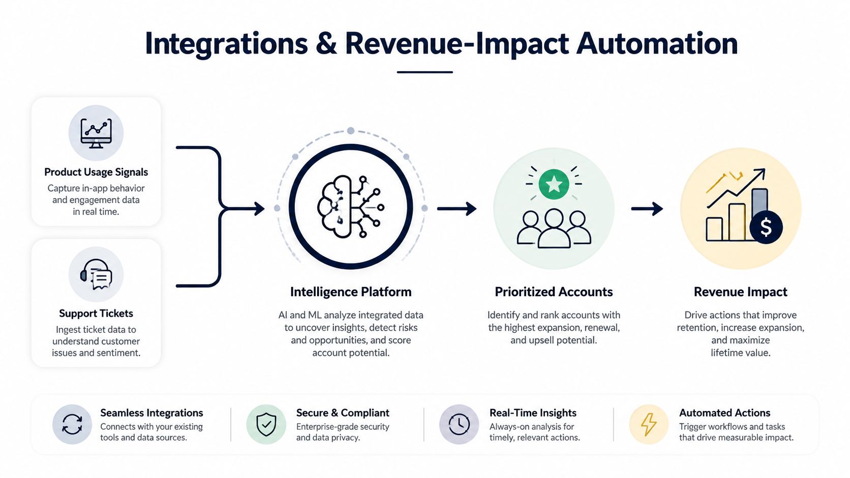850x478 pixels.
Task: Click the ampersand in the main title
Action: pos(325,44)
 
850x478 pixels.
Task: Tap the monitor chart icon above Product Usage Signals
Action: pos(96,133)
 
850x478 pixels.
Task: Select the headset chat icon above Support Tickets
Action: pos(96,274)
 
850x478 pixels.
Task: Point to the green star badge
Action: pos(554,184)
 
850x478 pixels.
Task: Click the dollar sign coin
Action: pos(766,228)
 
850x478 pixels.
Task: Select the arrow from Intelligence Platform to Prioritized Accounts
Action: pos(457,208)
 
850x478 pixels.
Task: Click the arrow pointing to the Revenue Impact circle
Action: pos(647,208)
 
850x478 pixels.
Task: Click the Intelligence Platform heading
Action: pos(351,292)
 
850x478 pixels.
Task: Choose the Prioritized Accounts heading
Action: pos(554,292)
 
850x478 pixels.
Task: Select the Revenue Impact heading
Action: pos(740,292)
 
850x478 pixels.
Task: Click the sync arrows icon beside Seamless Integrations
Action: pos(72,424)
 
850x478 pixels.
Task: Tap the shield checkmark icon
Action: pos(266,424)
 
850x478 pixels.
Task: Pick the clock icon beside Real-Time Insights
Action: pos(459,424)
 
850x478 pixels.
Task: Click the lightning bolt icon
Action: pos(649,424)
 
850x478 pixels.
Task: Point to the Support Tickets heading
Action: pos(96,313)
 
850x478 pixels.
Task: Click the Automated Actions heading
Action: pos(725,413)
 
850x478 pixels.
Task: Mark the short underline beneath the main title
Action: pos(424,72)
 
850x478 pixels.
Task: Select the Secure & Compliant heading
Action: pos(343,413)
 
